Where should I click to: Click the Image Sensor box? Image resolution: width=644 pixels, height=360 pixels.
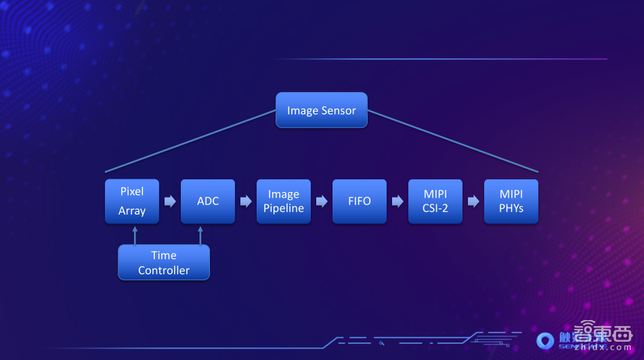point(321,110)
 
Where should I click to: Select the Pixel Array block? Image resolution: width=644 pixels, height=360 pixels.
point(132,201)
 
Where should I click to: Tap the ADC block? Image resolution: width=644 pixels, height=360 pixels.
point(208,201)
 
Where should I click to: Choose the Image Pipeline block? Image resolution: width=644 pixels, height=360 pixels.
point(284,201)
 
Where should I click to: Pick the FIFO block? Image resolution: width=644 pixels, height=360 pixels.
point(360,201)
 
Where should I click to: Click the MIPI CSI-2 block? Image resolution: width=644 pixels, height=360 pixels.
point(435,201)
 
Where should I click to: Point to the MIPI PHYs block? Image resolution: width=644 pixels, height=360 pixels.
point(511,201)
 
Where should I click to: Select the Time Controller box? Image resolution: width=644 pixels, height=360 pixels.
point(164,263)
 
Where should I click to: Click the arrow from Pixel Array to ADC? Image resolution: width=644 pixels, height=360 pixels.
point(170,201)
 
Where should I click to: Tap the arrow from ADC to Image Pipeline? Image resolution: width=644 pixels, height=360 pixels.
point(246,201)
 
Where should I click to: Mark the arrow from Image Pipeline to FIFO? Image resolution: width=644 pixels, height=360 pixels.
point(322,201)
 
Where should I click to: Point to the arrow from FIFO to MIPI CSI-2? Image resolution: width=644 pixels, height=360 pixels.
point(398,201)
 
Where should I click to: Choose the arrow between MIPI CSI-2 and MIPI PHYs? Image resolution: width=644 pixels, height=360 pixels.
point(473,201)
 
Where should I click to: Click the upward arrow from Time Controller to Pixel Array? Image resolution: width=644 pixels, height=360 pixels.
point(135,234)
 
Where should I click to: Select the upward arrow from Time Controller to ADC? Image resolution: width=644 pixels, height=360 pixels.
point(200,234)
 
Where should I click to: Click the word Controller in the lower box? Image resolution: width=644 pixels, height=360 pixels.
point(164,270)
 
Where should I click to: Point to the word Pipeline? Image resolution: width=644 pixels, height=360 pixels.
point(284,208)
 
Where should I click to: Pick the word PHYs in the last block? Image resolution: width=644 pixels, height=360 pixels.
point(511,208)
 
